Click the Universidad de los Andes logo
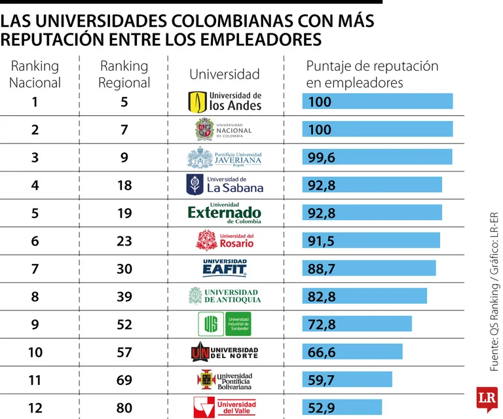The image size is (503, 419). pos(225,101)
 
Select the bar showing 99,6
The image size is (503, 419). pos(377,157)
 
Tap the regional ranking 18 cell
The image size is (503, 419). pos(124,185)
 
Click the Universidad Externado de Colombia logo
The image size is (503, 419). pos(225,213)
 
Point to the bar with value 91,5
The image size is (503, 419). pos(371,241)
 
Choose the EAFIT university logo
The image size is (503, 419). pos(225,268)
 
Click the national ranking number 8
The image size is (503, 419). pos(35,297)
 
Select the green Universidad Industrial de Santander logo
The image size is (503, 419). pos(225,324)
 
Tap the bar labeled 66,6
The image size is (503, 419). pos(352,352)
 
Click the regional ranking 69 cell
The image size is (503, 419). pos(124,380)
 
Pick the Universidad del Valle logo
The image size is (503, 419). pos(225,407)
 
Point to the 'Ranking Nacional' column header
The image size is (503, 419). pos(35,75)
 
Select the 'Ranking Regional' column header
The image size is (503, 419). pos(124,75)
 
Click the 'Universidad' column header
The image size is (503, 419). pos(225,75)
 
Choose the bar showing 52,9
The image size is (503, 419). pos(341,407)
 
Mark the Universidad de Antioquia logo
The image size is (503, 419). pos(225,297)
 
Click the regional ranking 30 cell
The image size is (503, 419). pos(124,268)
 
